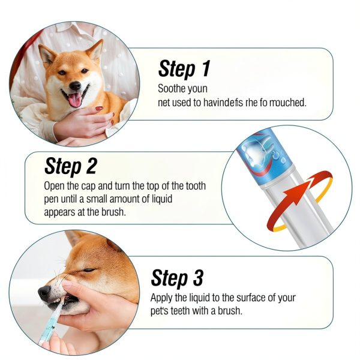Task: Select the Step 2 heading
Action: click(70, 166)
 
